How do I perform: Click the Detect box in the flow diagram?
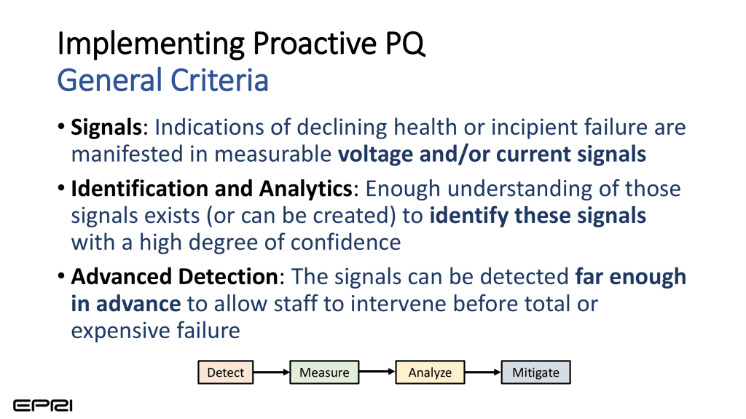pos(226,372)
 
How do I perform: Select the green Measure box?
pos(324,372)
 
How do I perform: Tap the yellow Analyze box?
pos(430,372)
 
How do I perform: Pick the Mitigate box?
pos(535,372)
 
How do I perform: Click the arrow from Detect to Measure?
pos(272,372)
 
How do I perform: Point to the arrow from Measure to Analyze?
pos(377,372)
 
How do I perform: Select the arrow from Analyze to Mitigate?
pos(483,372)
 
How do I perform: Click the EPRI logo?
pos(43,406)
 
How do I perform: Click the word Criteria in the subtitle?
pos(219,80)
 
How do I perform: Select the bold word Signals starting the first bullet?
pos(106,128)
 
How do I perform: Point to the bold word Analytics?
pos(305,189)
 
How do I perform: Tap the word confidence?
pos(346,243)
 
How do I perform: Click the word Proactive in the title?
pos(315,44)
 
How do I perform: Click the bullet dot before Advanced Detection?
pos(61,276)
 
